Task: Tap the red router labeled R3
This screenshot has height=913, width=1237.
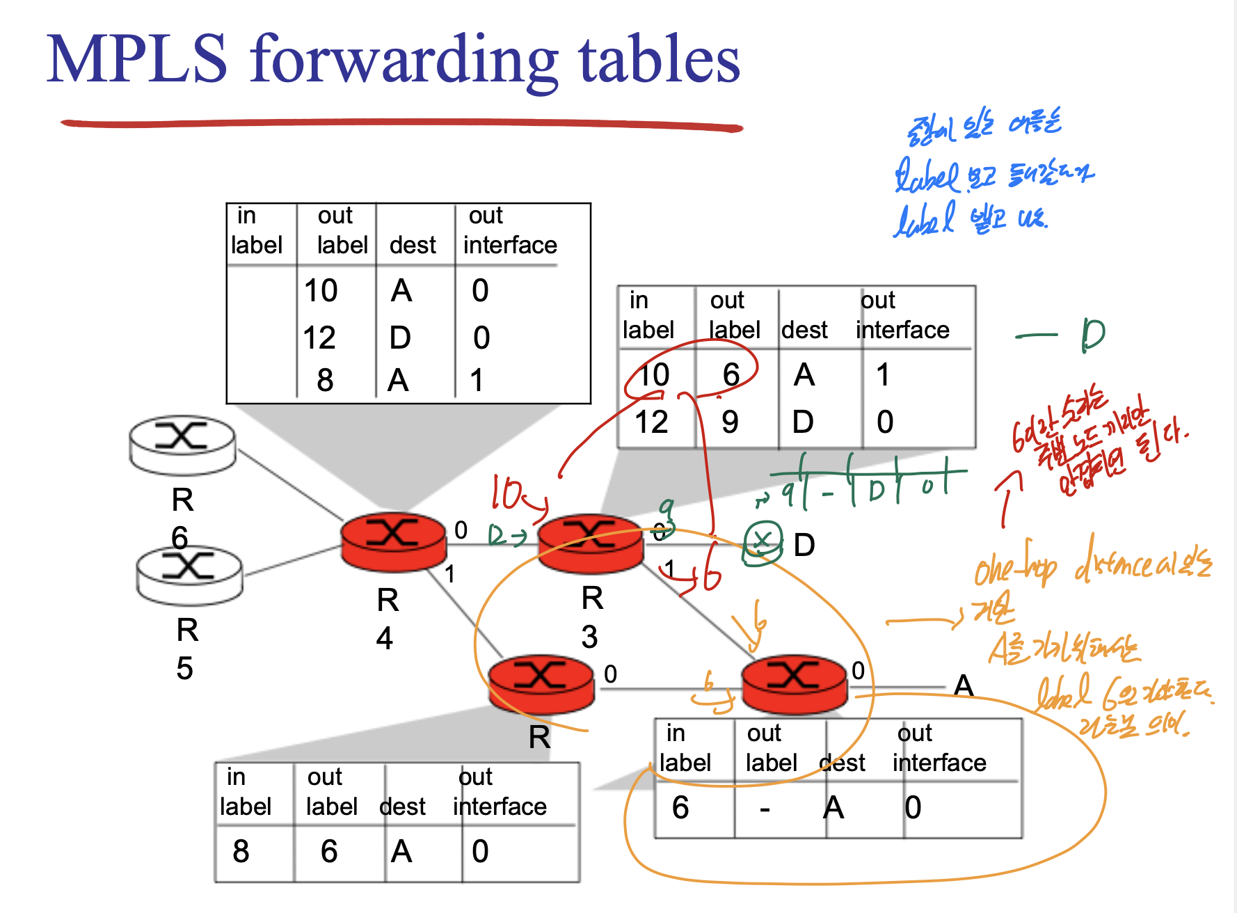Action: pyautogui.click(x=591, y=543)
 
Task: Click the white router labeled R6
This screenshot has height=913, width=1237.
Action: pyautogui.click(x=182, y=443)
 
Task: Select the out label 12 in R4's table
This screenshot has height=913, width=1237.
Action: pyautogui.click(x=319, y=338)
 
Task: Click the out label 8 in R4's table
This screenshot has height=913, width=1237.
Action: pyautogui.click(x=325, y=380)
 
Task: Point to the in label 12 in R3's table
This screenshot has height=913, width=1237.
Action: pyautogui.click(x=651, y=422)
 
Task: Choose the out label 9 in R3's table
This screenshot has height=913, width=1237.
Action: pyautogui.click(x=730, y=422)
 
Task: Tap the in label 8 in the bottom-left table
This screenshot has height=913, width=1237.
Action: pyautogui.click(x=241, y=851)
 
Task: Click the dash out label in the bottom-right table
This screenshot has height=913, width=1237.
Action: pyautogui.click(x=765, y=808)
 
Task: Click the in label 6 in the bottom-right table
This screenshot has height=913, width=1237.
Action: pyautogui.click(x=680, y=808)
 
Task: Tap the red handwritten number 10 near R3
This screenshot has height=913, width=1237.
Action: pyautogui.click(x=506, y=493)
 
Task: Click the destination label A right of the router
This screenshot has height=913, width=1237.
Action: pyautogui.click(x=963, y=685)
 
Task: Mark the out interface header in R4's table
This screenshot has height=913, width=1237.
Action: pyautogui.click(x=509, y=231)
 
